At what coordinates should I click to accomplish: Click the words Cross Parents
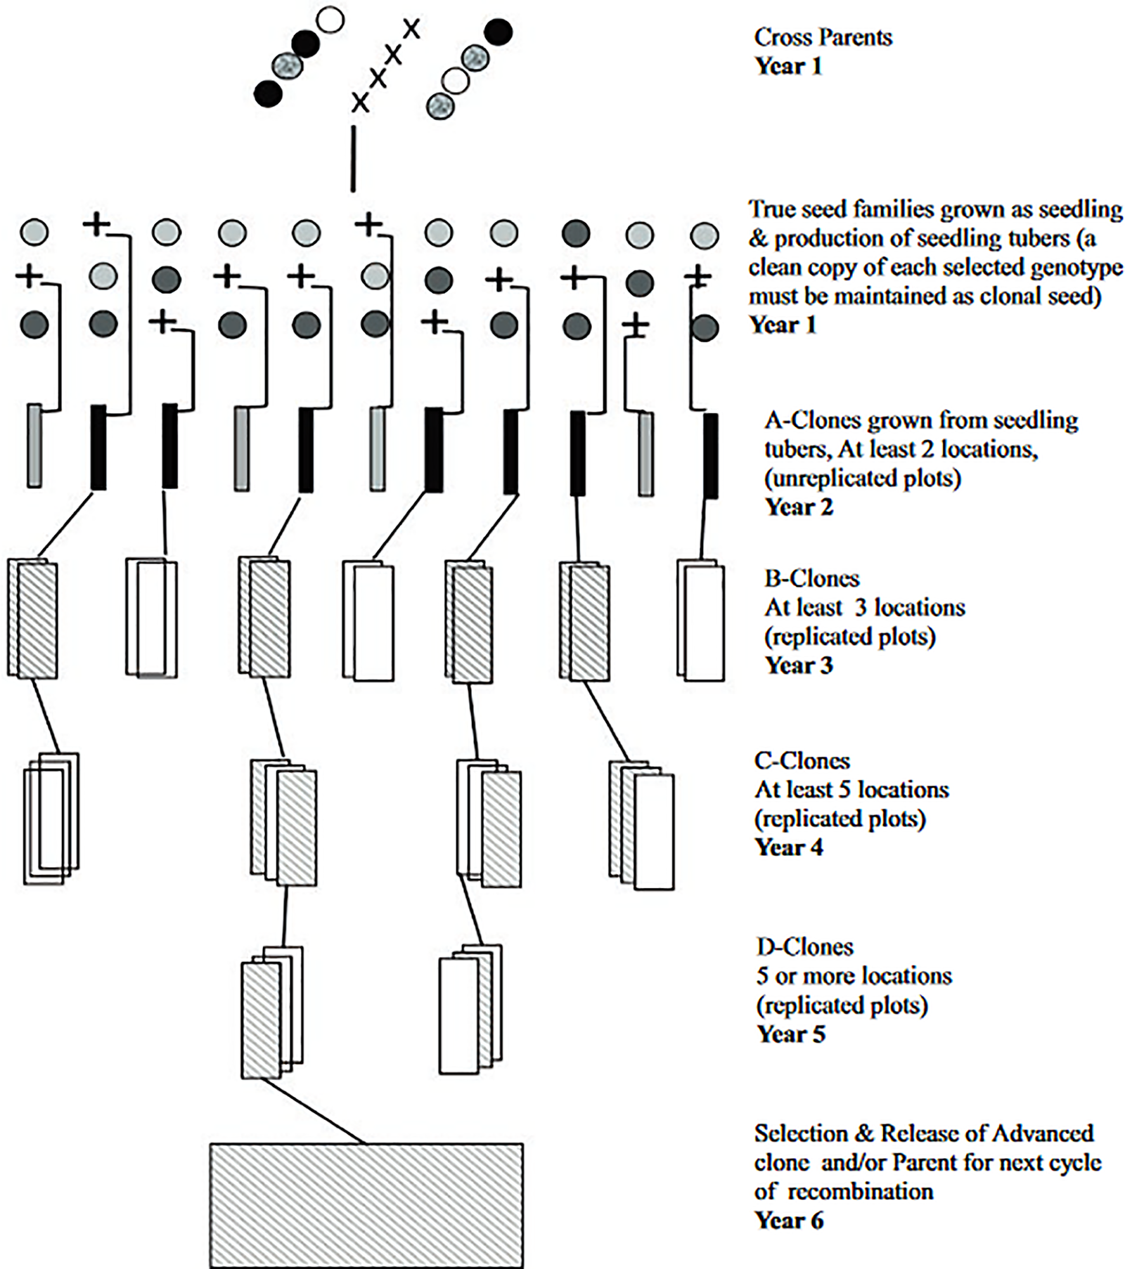click(823, 37)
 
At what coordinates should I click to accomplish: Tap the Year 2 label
click(799, 507)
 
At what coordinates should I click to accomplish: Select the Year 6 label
click(788, 1221)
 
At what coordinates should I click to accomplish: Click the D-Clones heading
click(805, 946)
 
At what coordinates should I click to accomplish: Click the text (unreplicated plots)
click(862, 478)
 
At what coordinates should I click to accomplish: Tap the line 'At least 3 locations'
click(865, 607)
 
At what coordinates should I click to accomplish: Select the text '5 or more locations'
click(854, 976)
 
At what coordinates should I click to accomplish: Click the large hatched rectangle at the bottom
click(366, 1205)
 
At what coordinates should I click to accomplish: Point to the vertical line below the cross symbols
click(353, 159)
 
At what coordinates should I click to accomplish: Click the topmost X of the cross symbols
click(411, 29)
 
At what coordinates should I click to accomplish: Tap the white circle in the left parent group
click(330, 20)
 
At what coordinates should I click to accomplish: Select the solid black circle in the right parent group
click(498, 32)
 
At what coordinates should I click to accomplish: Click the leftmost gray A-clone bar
click(34, 445)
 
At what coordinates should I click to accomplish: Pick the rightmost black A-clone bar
click(711, 455)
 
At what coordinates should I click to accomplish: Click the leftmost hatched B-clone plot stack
click(33, 619)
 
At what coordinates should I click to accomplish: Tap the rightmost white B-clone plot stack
click(701, 621)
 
